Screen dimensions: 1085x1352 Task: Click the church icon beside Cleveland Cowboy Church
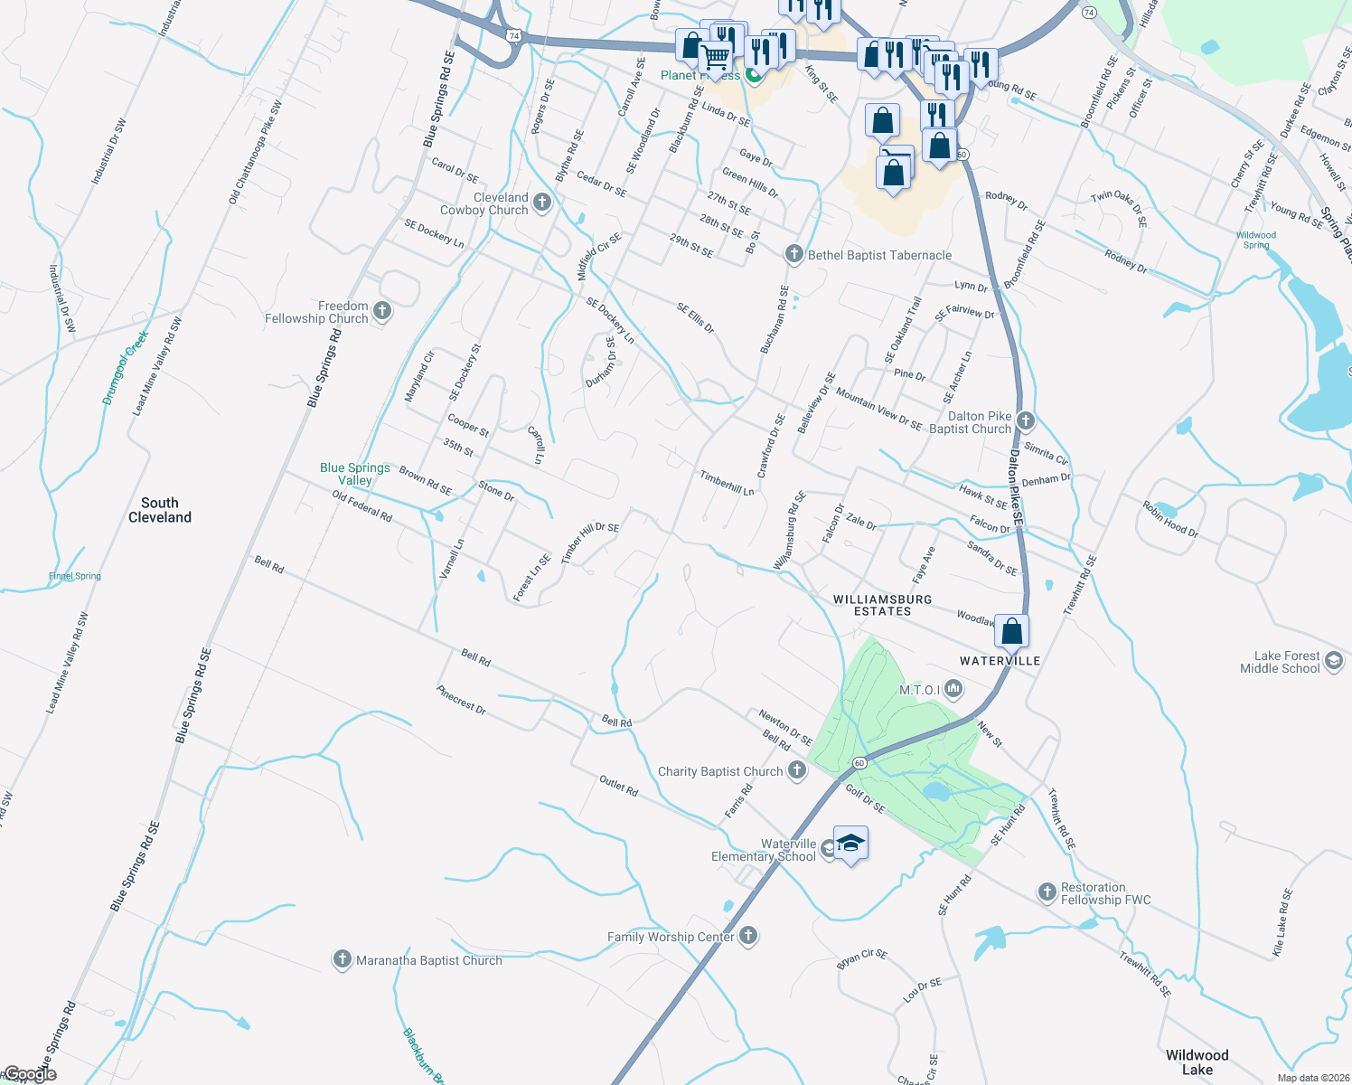[x=542, y=203]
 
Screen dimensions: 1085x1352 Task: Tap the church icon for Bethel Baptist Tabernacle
[x=793, y=254]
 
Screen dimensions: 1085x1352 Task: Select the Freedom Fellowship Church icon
[x=382, y=312]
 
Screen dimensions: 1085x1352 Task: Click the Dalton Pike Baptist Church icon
[x=1025, y=420]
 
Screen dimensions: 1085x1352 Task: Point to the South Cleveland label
[x=160, y=510]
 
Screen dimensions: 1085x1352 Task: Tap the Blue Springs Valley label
[x=355, y=474]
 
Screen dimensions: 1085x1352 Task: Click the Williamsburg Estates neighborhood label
[x=882, y=605]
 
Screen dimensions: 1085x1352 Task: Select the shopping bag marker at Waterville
[x=1012, y=631]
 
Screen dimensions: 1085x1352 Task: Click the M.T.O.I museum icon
[x=953, y=691]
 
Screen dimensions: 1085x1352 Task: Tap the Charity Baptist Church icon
[x=796, y=770]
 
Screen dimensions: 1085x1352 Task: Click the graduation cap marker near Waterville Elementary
[x=850, y=844]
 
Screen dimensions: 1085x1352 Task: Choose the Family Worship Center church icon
[x=747, y=936]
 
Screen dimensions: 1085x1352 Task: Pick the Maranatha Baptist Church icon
[x=342, y=959]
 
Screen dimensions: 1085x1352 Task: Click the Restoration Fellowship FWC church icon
[x=1047, y=892]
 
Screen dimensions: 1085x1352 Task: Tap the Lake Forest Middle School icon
[x=1333, y=662]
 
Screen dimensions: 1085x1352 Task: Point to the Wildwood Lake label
[x=1197, y=1061]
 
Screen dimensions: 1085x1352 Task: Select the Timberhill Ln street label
[x=727, y=483]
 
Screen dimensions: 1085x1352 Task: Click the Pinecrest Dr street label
[x=461, y=700]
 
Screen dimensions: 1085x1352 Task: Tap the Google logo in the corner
[x=30, y=1074]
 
